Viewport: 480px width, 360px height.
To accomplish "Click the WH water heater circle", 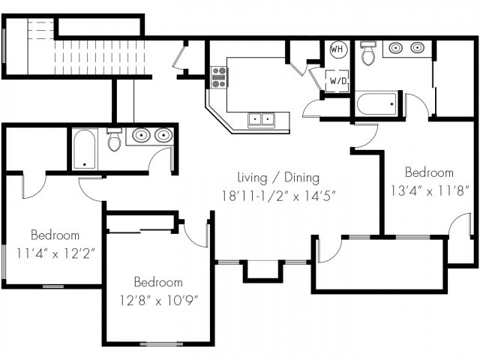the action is click(x=338, y=49).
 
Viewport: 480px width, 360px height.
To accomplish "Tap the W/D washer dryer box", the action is click(x=337, y=81).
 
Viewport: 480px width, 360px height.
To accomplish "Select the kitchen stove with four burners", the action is click(x=218, y=78).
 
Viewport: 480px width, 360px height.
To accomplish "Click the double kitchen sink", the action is click(x=261, y=119).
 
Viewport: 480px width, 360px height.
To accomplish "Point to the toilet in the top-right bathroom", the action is click(x=367, y=53).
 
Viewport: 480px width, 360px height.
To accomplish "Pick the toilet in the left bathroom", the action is click(x=114, y=139).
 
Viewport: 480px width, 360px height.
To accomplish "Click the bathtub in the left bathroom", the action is click(x=85, y=149).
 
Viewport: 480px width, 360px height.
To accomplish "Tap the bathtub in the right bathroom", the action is click(x=376, y=103).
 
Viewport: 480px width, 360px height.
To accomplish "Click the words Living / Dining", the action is click(x=278, y=178).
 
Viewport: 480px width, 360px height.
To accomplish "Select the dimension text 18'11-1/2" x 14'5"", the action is click(x=279, y=196).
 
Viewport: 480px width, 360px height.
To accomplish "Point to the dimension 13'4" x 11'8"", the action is click(x=430, y=191).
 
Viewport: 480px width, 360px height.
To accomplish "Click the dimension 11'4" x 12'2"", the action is click(x=55, y=253).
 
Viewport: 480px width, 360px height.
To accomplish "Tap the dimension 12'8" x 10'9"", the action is click(x=158, y=301).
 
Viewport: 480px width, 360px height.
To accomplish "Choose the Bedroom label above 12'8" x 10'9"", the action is click(x=158, y=282).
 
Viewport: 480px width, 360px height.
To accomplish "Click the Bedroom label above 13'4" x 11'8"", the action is click(x=429, y=172).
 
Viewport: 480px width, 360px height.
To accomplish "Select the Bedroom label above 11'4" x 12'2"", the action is click(x=55, y=235).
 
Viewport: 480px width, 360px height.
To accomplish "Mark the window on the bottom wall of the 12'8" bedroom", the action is click(x=161, y=344).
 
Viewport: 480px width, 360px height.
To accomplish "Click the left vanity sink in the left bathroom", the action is click(x=141, y=136).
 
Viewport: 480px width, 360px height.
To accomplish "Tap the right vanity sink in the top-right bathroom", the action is click(x=417, y=47).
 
